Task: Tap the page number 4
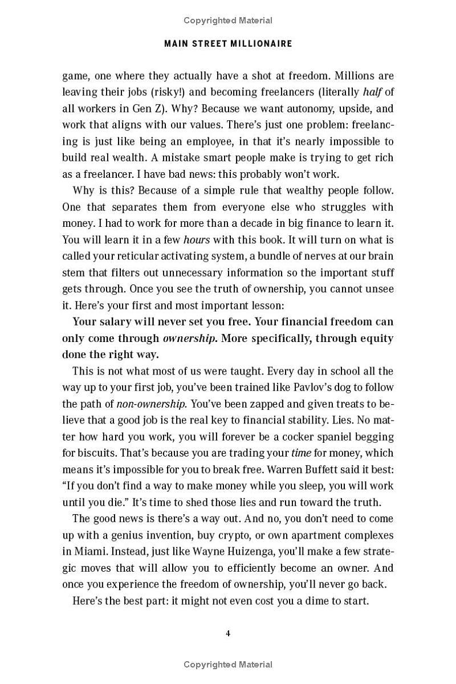(x=228, y=633)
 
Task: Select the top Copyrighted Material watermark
(x=228, y=21)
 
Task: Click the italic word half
(x=373, y=92)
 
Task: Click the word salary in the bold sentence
(x=116, y=321)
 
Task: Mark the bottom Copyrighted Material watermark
(x=228, y=665)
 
